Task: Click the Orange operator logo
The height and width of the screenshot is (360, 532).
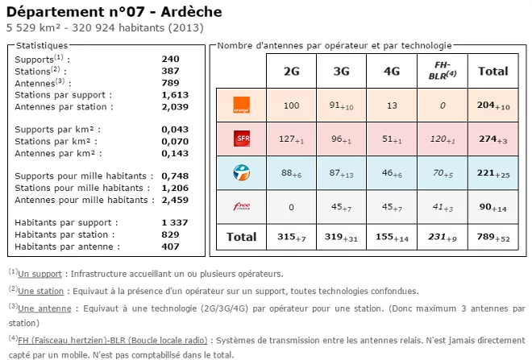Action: tap(241, 105)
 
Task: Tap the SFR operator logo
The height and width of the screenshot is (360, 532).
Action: tap(241, 139)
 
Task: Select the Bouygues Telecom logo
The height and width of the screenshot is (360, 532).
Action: tap(241, 172)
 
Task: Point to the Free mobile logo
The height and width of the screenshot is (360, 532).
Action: tap(241, 206)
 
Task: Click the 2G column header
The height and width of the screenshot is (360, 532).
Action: tap(291, 71)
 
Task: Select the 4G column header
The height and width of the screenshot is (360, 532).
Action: tap(392, 71)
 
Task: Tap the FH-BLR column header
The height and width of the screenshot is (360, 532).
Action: tap(442, 71)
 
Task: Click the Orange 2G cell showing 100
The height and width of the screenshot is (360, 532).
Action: tap(291, 106)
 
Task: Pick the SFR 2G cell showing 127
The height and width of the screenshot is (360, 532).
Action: tap(291, 139)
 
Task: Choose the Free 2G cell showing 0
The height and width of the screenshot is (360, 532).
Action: tap(291, 206)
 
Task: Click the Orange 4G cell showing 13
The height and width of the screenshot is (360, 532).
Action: tap(392, 106)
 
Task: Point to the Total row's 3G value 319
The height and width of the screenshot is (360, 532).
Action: tap(341, 237)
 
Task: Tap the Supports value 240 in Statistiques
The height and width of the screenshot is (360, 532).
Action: tap(170, 60)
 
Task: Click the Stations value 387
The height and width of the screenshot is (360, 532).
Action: tap(170, 71)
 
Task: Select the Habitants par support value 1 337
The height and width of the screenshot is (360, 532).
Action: tap(174, 222)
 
